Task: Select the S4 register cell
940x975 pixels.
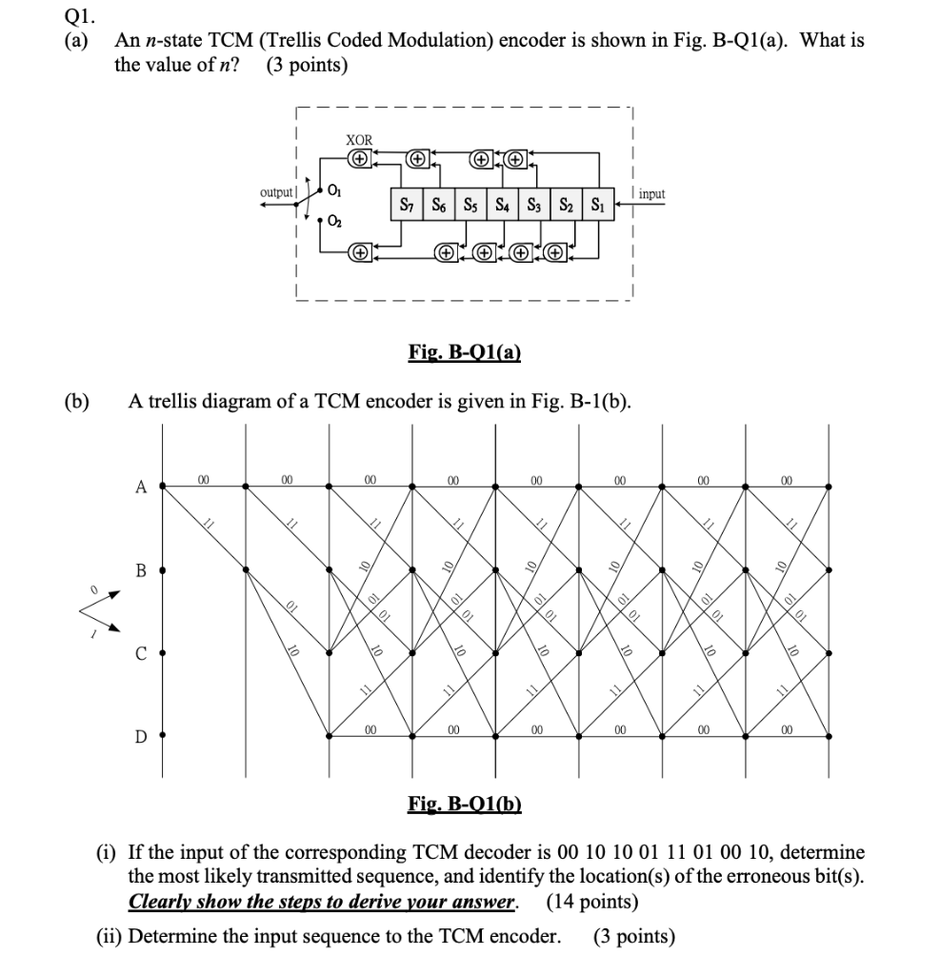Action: pyautogui.click(x=503, y=204)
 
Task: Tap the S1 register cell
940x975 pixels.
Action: pyautogui.click(x=598, y=204)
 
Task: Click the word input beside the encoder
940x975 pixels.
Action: pyautogui.click(x=653, y=194)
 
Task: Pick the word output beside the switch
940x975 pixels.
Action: pyautogui.click(x=277, y=193)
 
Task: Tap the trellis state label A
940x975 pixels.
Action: pyautogui.click(x=141, y=487)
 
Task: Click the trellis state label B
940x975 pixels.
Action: pyautogui.click(x=141, y=571)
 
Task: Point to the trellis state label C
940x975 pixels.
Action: pyautogui.click(x=141, y=654)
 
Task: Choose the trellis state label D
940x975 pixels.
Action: pyautogui.click(x=141, y=736)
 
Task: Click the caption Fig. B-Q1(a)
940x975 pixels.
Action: pyautogui.click(x=464, y=353)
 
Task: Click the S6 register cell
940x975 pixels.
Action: pyautogui.click(x=439, y=204)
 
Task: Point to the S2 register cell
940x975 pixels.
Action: pyautogui.click(x=566, y=204)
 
